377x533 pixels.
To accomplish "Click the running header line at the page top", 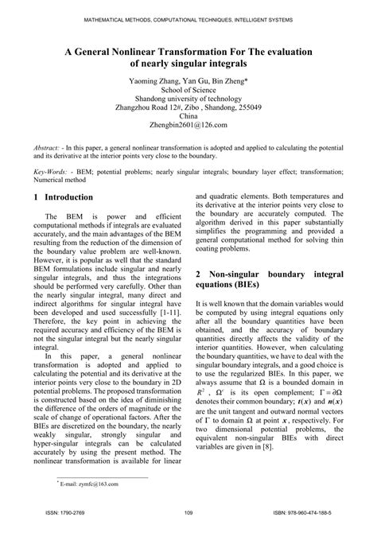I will (188, 18).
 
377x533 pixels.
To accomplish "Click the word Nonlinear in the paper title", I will (142, 50).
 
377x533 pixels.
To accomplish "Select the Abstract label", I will (50, 148).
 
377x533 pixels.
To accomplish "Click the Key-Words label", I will (54, 171).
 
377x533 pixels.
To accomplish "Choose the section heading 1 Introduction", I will (71, 196).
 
